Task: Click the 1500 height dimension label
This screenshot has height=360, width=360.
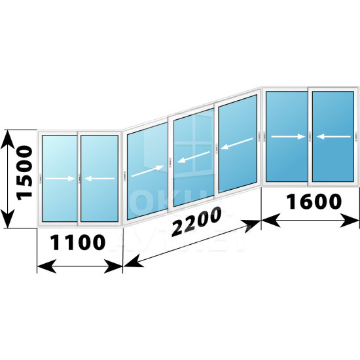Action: click(x=24, y=173)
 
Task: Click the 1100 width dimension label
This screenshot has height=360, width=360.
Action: click(x=78, y=242)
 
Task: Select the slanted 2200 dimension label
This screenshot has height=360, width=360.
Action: click(x=196, y=221)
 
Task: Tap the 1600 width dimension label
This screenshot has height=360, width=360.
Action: click(x=314, y=202)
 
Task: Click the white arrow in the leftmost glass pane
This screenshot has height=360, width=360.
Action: click(x=60, y=179)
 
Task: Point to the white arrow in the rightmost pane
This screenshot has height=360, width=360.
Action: click(x=334, y=137)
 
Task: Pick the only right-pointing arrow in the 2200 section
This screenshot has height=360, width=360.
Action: click(x=148, y=171)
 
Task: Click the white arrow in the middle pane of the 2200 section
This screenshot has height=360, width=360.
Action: click(x=194, y=157)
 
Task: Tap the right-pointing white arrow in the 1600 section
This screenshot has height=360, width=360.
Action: click(x=288, y=137)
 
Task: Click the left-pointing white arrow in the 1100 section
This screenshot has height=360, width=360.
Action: click(x=99, y=179)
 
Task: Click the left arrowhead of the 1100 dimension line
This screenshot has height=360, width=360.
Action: click(x=46, y=266)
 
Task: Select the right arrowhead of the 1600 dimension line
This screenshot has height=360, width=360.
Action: click(x=350, y=220)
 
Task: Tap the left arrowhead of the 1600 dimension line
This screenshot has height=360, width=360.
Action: click(x=271, y=220)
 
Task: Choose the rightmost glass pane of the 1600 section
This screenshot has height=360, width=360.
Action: click(x=333, y=137)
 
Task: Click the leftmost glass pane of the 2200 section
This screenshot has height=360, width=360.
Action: click(x=147, y=171)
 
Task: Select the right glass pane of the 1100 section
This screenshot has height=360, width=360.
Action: click(x=99, y=179)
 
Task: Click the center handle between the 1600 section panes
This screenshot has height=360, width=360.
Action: click(x=310, y=137)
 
